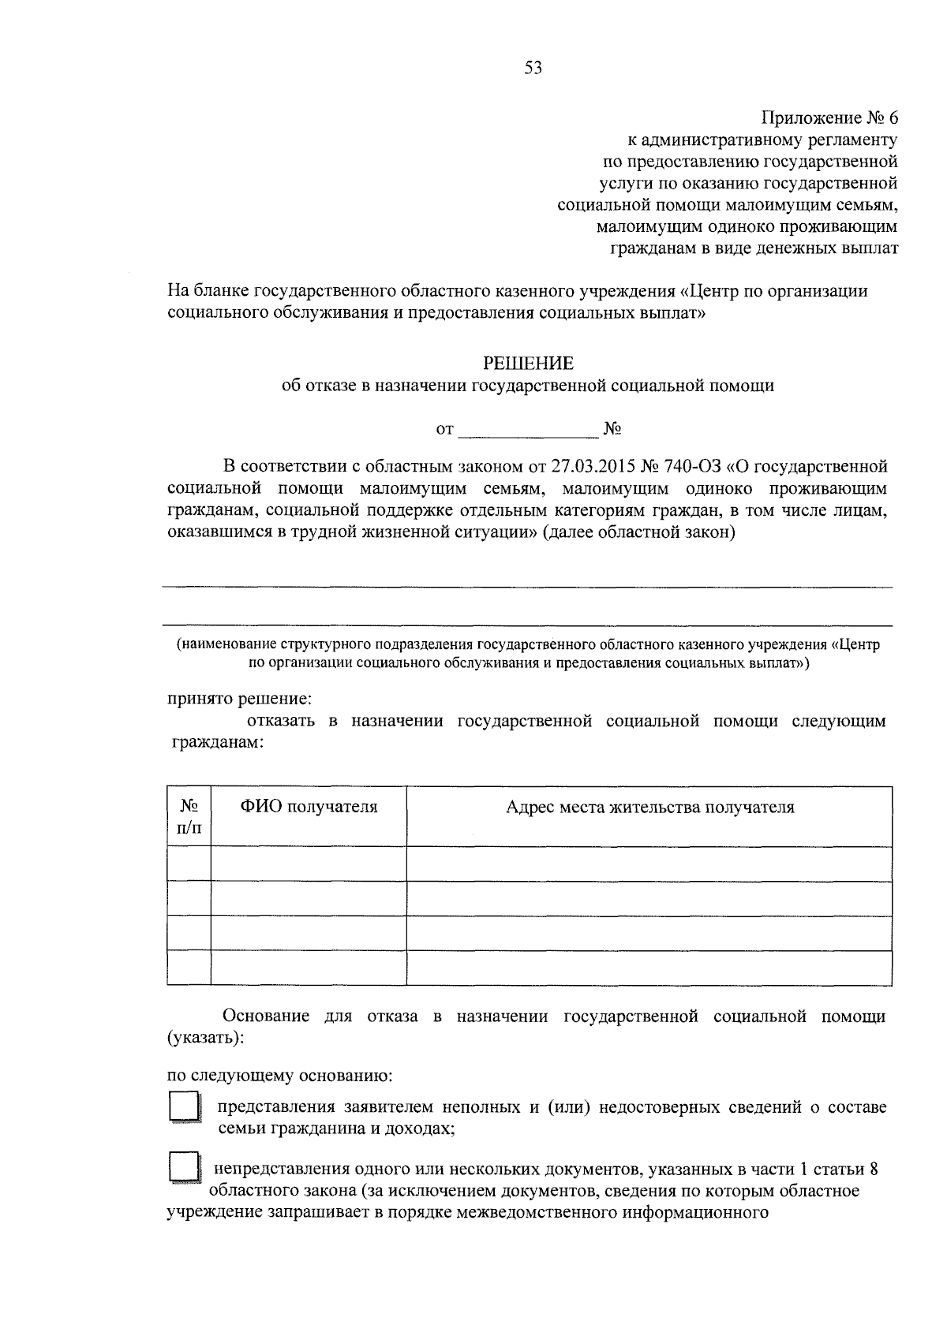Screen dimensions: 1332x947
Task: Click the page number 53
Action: tap(533, 68)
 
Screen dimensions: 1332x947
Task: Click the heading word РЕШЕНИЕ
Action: tap(529, 364)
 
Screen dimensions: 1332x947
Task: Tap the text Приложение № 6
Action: tap(829, 118)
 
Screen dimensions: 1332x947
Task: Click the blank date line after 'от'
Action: tap(528, 431)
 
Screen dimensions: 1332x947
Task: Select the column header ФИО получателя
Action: tap(309, 807)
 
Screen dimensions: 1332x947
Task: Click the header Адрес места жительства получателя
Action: tap(649, 807)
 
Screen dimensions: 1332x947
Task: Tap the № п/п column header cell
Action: tap(189, 816)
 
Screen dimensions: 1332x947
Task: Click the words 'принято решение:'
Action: tap(239, 699)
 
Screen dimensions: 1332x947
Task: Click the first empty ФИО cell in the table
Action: tap(309, 864)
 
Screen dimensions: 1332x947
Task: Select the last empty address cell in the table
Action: tap(649, 968)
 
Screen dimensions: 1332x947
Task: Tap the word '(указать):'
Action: tap(205, 1038)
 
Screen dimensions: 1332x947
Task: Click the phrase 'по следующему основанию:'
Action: tap(280, 1075)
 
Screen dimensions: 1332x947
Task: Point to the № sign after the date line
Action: tap(612, 429)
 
